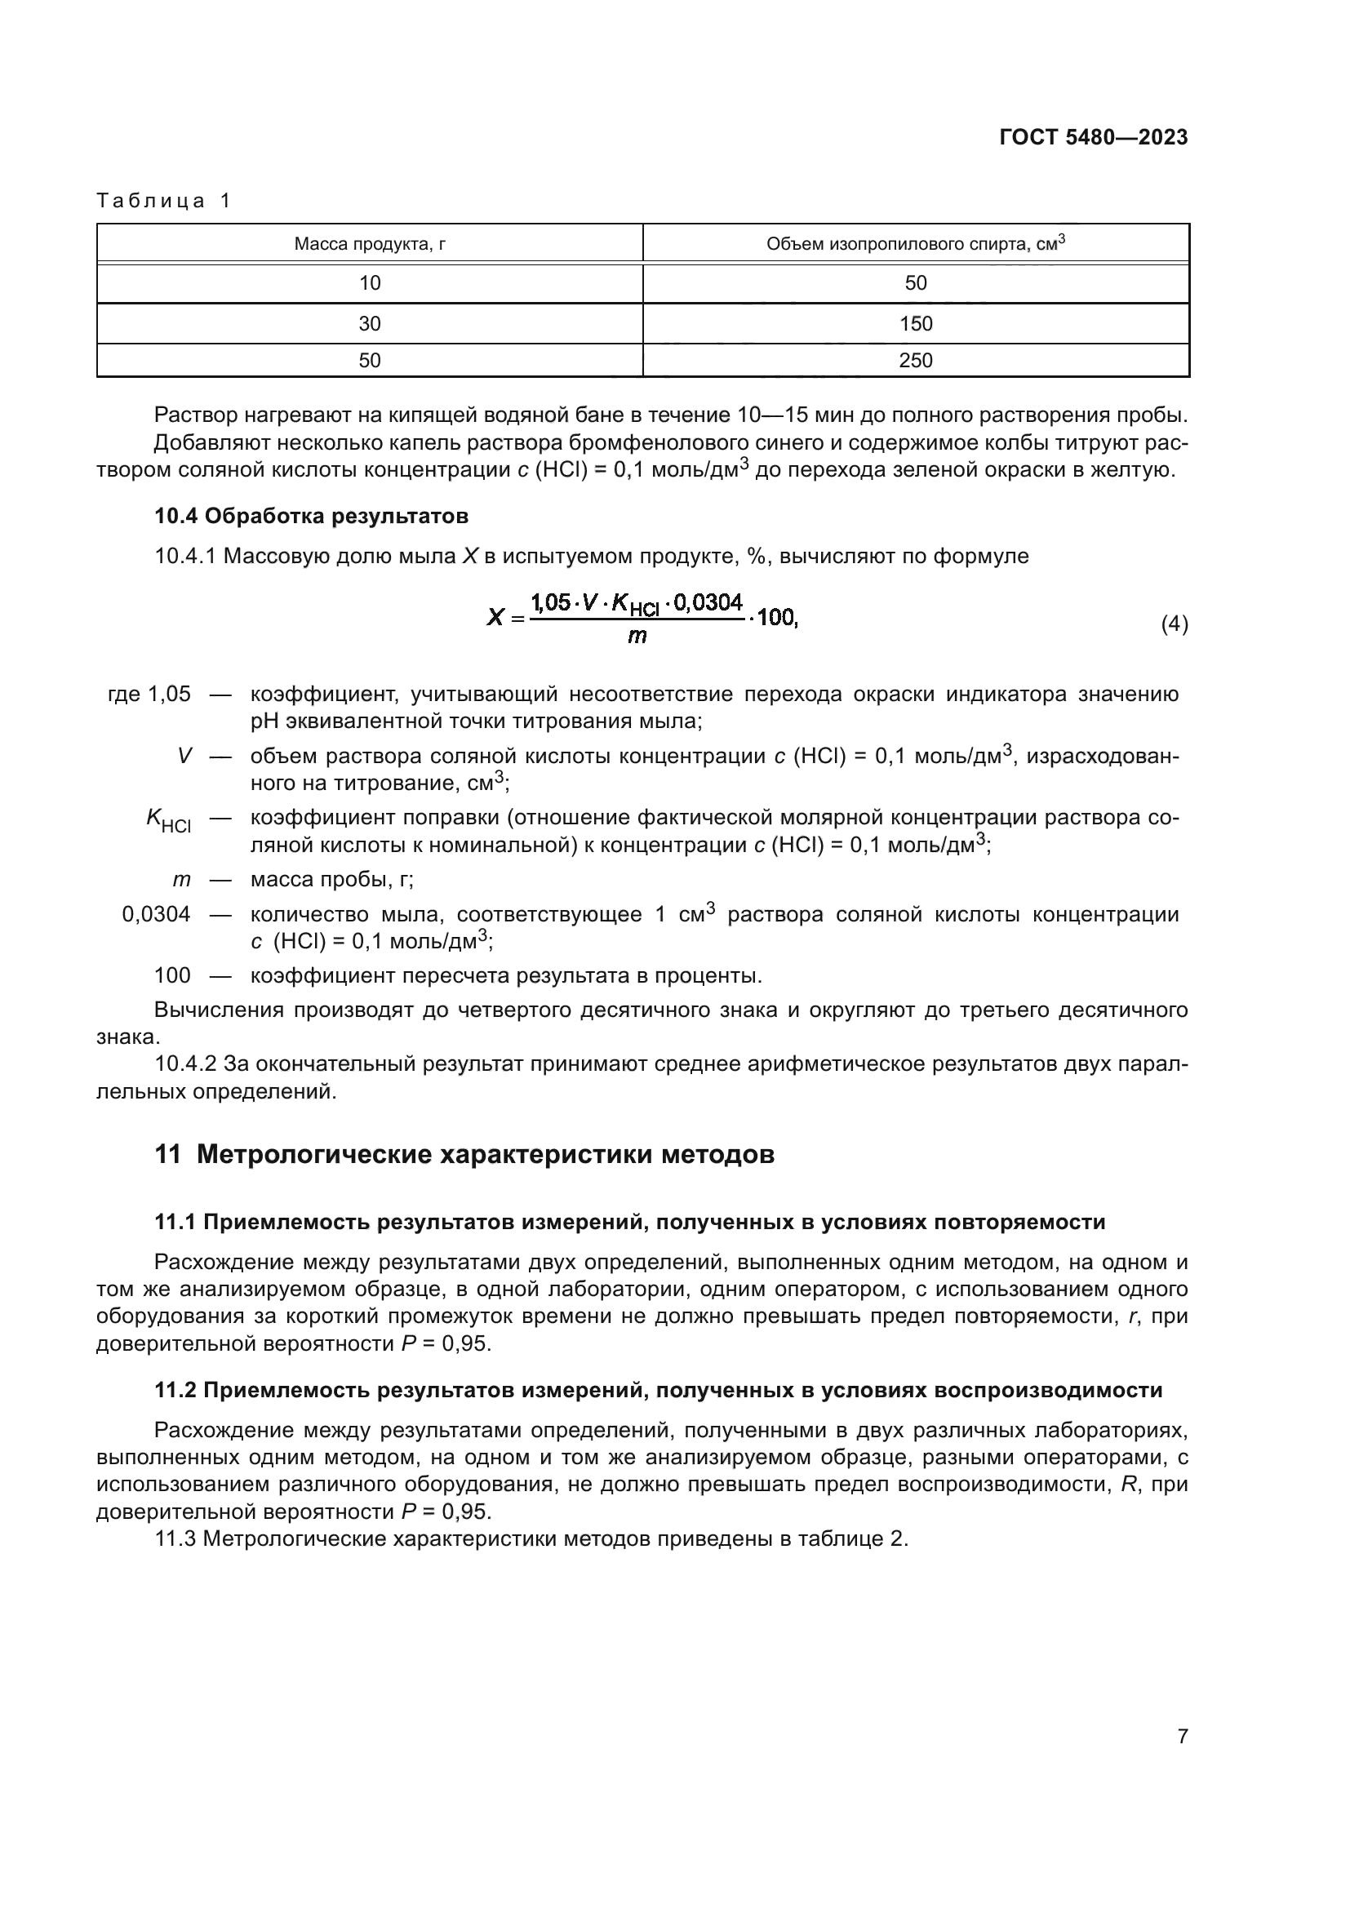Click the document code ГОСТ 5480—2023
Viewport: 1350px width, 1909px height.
click(x=1093, y=138)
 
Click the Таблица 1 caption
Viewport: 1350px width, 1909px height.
click(x=164, y=201)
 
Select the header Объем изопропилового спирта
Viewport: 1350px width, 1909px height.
click(x=915, y=243)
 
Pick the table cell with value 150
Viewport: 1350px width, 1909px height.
click(x=915, y=323)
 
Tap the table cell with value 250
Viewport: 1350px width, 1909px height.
click(x=915, y=360)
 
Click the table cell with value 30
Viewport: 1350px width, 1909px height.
click(x=369, y=323)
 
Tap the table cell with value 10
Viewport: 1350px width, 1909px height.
click(x=369, y=282)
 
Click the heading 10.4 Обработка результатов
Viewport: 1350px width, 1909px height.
click(x=311, y=517)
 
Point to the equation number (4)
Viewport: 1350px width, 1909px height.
click(x=1174, y=624)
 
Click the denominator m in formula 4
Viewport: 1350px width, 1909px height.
click(x=637, y=637)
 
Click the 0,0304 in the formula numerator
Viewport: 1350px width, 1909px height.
click(x=708, y=602)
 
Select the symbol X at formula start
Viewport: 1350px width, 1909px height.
click(x=495, y=618)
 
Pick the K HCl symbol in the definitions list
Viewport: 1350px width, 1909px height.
click(x=169, y=819)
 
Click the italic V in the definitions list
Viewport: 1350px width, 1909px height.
click(x=184, y=756)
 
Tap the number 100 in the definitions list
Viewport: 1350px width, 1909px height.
click(x=172, y=975)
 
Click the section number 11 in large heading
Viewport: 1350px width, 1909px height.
click(x=167, y=1155)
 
